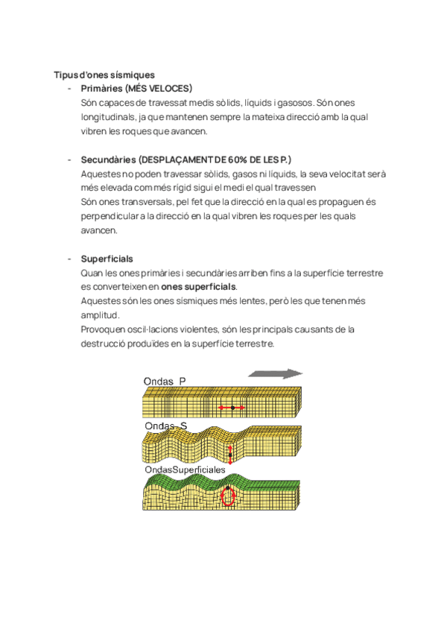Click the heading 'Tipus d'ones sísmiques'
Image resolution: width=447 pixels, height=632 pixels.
click(x=104, y=75)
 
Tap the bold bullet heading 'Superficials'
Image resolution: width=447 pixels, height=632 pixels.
click(x=107, y=259)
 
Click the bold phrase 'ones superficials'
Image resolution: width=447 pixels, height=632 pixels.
click(x=198, y=287)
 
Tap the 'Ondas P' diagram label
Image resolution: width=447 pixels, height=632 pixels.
click(x=164, y=382)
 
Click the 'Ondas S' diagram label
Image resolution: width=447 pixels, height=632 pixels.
click(x=165, y=426)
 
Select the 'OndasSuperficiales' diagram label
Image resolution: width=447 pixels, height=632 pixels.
click(x=184, y=470)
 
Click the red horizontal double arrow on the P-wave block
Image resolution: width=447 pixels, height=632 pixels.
click(x=232, y=408)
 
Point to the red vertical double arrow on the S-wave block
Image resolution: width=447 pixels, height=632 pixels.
click(x=230, y=454)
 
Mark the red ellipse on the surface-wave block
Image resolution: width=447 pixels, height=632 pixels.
click(x=229, y=496)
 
